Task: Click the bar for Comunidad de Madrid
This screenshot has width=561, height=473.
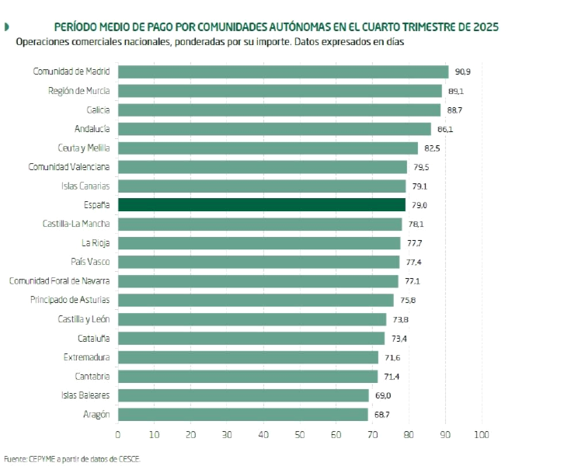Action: pos(283,71)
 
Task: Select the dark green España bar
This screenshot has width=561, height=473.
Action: pos(262,205)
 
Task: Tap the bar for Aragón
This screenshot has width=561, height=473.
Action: pos(242,415)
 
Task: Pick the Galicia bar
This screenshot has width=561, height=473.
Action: pos(279,110)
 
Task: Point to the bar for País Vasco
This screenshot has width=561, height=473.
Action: pos(258,263)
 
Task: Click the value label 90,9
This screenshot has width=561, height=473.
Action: pos(463,71)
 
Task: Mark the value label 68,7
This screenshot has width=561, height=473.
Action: pos(382,415)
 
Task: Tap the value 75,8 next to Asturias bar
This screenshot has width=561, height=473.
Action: pos(409,301)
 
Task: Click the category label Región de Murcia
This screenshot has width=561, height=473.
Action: pos(78,91)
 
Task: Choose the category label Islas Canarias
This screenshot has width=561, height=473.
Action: pos(85,186)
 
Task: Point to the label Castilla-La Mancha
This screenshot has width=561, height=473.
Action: pos(76,224)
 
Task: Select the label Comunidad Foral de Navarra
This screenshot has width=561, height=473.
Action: pos(59,281)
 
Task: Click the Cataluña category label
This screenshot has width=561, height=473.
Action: pos(93,339)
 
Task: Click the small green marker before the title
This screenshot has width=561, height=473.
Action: pos(7,27)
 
